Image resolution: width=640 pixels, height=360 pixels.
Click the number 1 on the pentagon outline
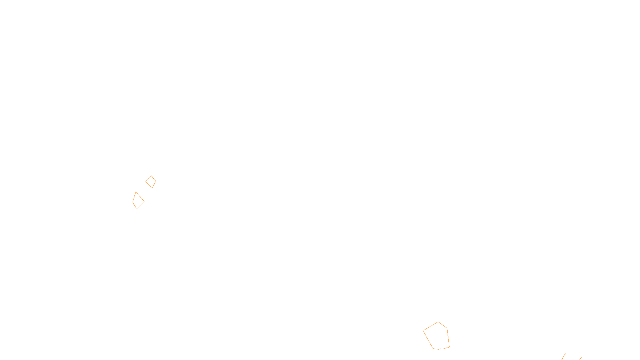tap(441, 350)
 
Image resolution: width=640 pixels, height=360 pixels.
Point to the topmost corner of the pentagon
tap(438, 322)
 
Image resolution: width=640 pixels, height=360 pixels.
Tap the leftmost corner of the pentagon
tap(423, 330)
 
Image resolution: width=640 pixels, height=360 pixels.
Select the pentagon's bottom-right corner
tap(450, 347)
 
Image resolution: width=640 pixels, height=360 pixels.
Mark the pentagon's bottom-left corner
tap(433, 348)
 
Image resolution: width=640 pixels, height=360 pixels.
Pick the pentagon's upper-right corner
tap(447, 328)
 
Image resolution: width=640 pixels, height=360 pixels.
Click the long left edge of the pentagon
tap(428, 340)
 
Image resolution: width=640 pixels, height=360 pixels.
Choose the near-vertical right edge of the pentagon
tap(448, 338)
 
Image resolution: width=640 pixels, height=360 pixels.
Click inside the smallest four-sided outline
tap(150, 182)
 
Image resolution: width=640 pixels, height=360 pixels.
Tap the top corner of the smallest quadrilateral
tap(152, 176)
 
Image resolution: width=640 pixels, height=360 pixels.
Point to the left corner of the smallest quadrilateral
tap(146, 182)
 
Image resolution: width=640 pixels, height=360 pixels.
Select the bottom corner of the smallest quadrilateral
tap(152, 188)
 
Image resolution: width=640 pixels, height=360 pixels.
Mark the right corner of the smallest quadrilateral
tap(156, 181)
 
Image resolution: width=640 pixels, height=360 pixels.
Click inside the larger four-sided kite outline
tap(138, 201)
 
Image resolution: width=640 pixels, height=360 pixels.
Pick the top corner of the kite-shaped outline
tap(136, 192)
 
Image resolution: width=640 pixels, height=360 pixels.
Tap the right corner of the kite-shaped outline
tap(144, 202)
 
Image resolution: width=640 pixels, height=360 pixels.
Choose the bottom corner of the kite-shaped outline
tap(136, 209)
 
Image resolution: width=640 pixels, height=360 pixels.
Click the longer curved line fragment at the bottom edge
tap(564, 356)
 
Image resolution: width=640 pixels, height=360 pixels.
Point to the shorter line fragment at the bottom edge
tap(580, 358)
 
